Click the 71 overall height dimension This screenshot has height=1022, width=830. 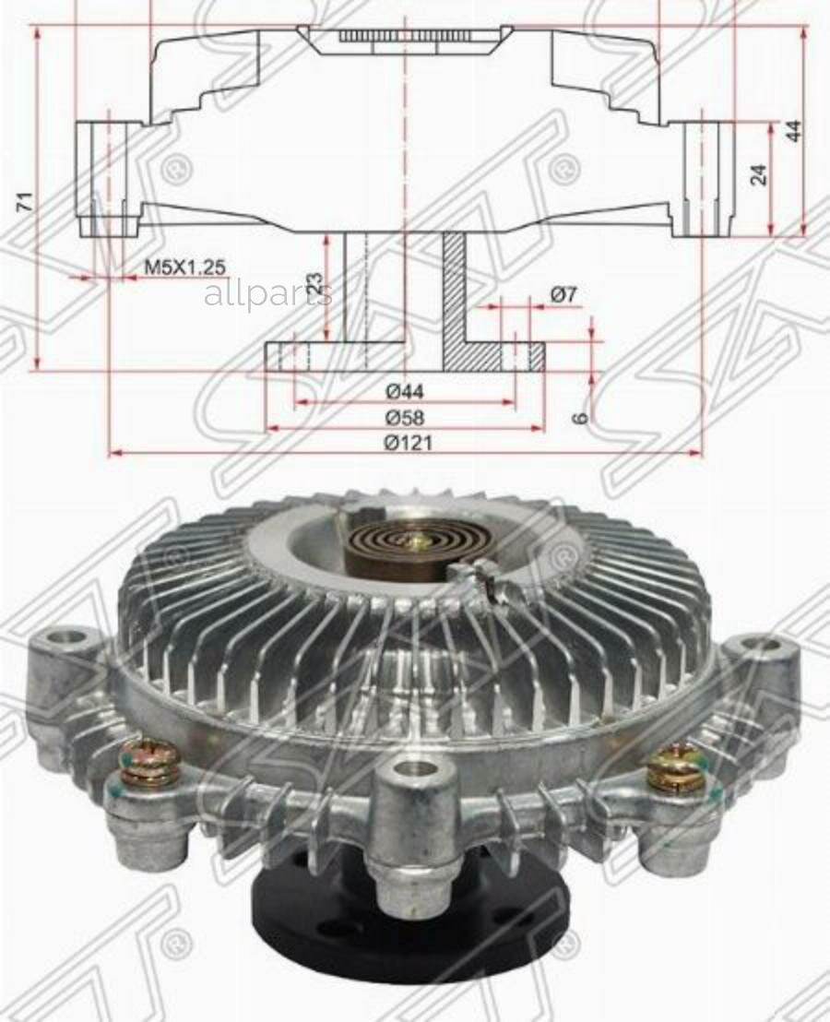pos(25,201)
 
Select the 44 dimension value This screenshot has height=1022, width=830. pos(792,129)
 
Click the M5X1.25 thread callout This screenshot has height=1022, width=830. pos(184,267)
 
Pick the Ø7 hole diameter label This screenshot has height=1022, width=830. pos(563,294)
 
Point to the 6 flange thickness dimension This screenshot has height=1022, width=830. pos(579,417)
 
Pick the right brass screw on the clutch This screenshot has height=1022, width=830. pos(678,766)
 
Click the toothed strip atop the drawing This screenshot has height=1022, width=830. pos(406,36)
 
